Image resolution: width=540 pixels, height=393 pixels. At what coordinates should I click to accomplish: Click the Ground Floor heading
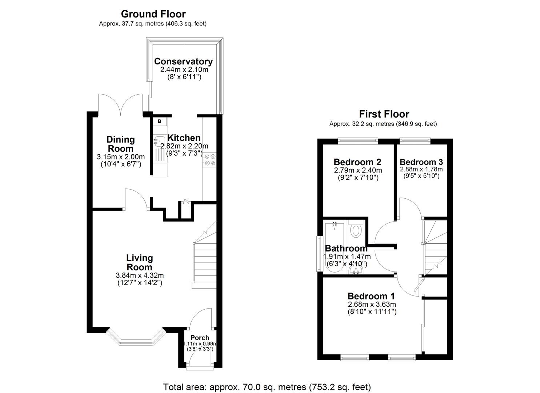(153, 14)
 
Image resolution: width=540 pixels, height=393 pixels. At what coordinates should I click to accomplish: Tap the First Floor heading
(384, 114)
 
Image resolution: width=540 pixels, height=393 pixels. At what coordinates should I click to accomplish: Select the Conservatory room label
(183, 61)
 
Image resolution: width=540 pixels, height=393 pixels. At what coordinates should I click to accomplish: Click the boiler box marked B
(159, 122)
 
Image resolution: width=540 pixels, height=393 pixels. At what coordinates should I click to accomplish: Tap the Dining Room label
(121, 144)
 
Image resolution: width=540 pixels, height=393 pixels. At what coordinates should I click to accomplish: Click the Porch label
(200, 338)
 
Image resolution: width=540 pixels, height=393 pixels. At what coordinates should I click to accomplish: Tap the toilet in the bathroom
(356, 230)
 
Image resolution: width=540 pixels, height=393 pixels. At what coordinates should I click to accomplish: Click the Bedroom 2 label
(357, 162)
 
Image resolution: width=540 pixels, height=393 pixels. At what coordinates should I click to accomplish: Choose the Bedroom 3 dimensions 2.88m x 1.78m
(421, 170)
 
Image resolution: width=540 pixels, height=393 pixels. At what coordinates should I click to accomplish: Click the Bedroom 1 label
(371, 296)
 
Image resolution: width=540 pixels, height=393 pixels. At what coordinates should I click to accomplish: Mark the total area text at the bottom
(267, 387)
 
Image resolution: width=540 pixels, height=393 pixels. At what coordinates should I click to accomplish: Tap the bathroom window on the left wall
(319, 254)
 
